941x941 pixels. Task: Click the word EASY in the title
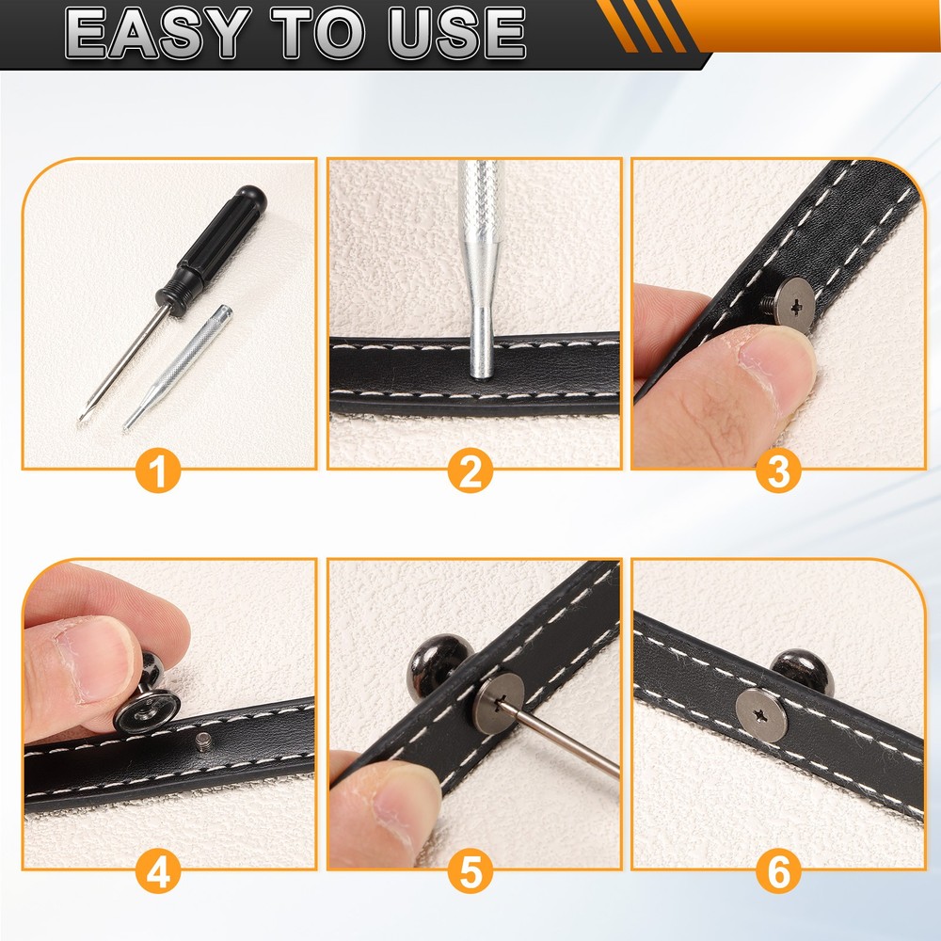pyautogui.click(x=156, y=33)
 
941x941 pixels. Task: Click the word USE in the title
pyautogui.click(x=456, y=33)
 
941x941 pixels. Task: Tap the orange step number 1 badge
pyautogui.click(x=158, y=471)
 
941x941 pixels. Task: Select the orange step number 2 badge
pyautogui.click(x=470, y=471)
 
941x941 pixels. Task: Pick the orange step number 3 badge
pyautogui.click(x=778, y=471)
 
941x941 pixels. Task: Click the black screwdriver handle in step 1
pyautogui.click(x=211, y=249)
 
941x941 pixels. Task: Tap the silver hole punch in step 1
pyautogui.click(x=177, y=368)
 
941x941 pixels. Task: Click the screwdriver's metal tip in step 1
pyautogui.click(x=83, y=414)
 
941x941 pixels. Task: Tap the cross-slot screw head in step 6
pyautogui.click(x=761, y=715)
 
